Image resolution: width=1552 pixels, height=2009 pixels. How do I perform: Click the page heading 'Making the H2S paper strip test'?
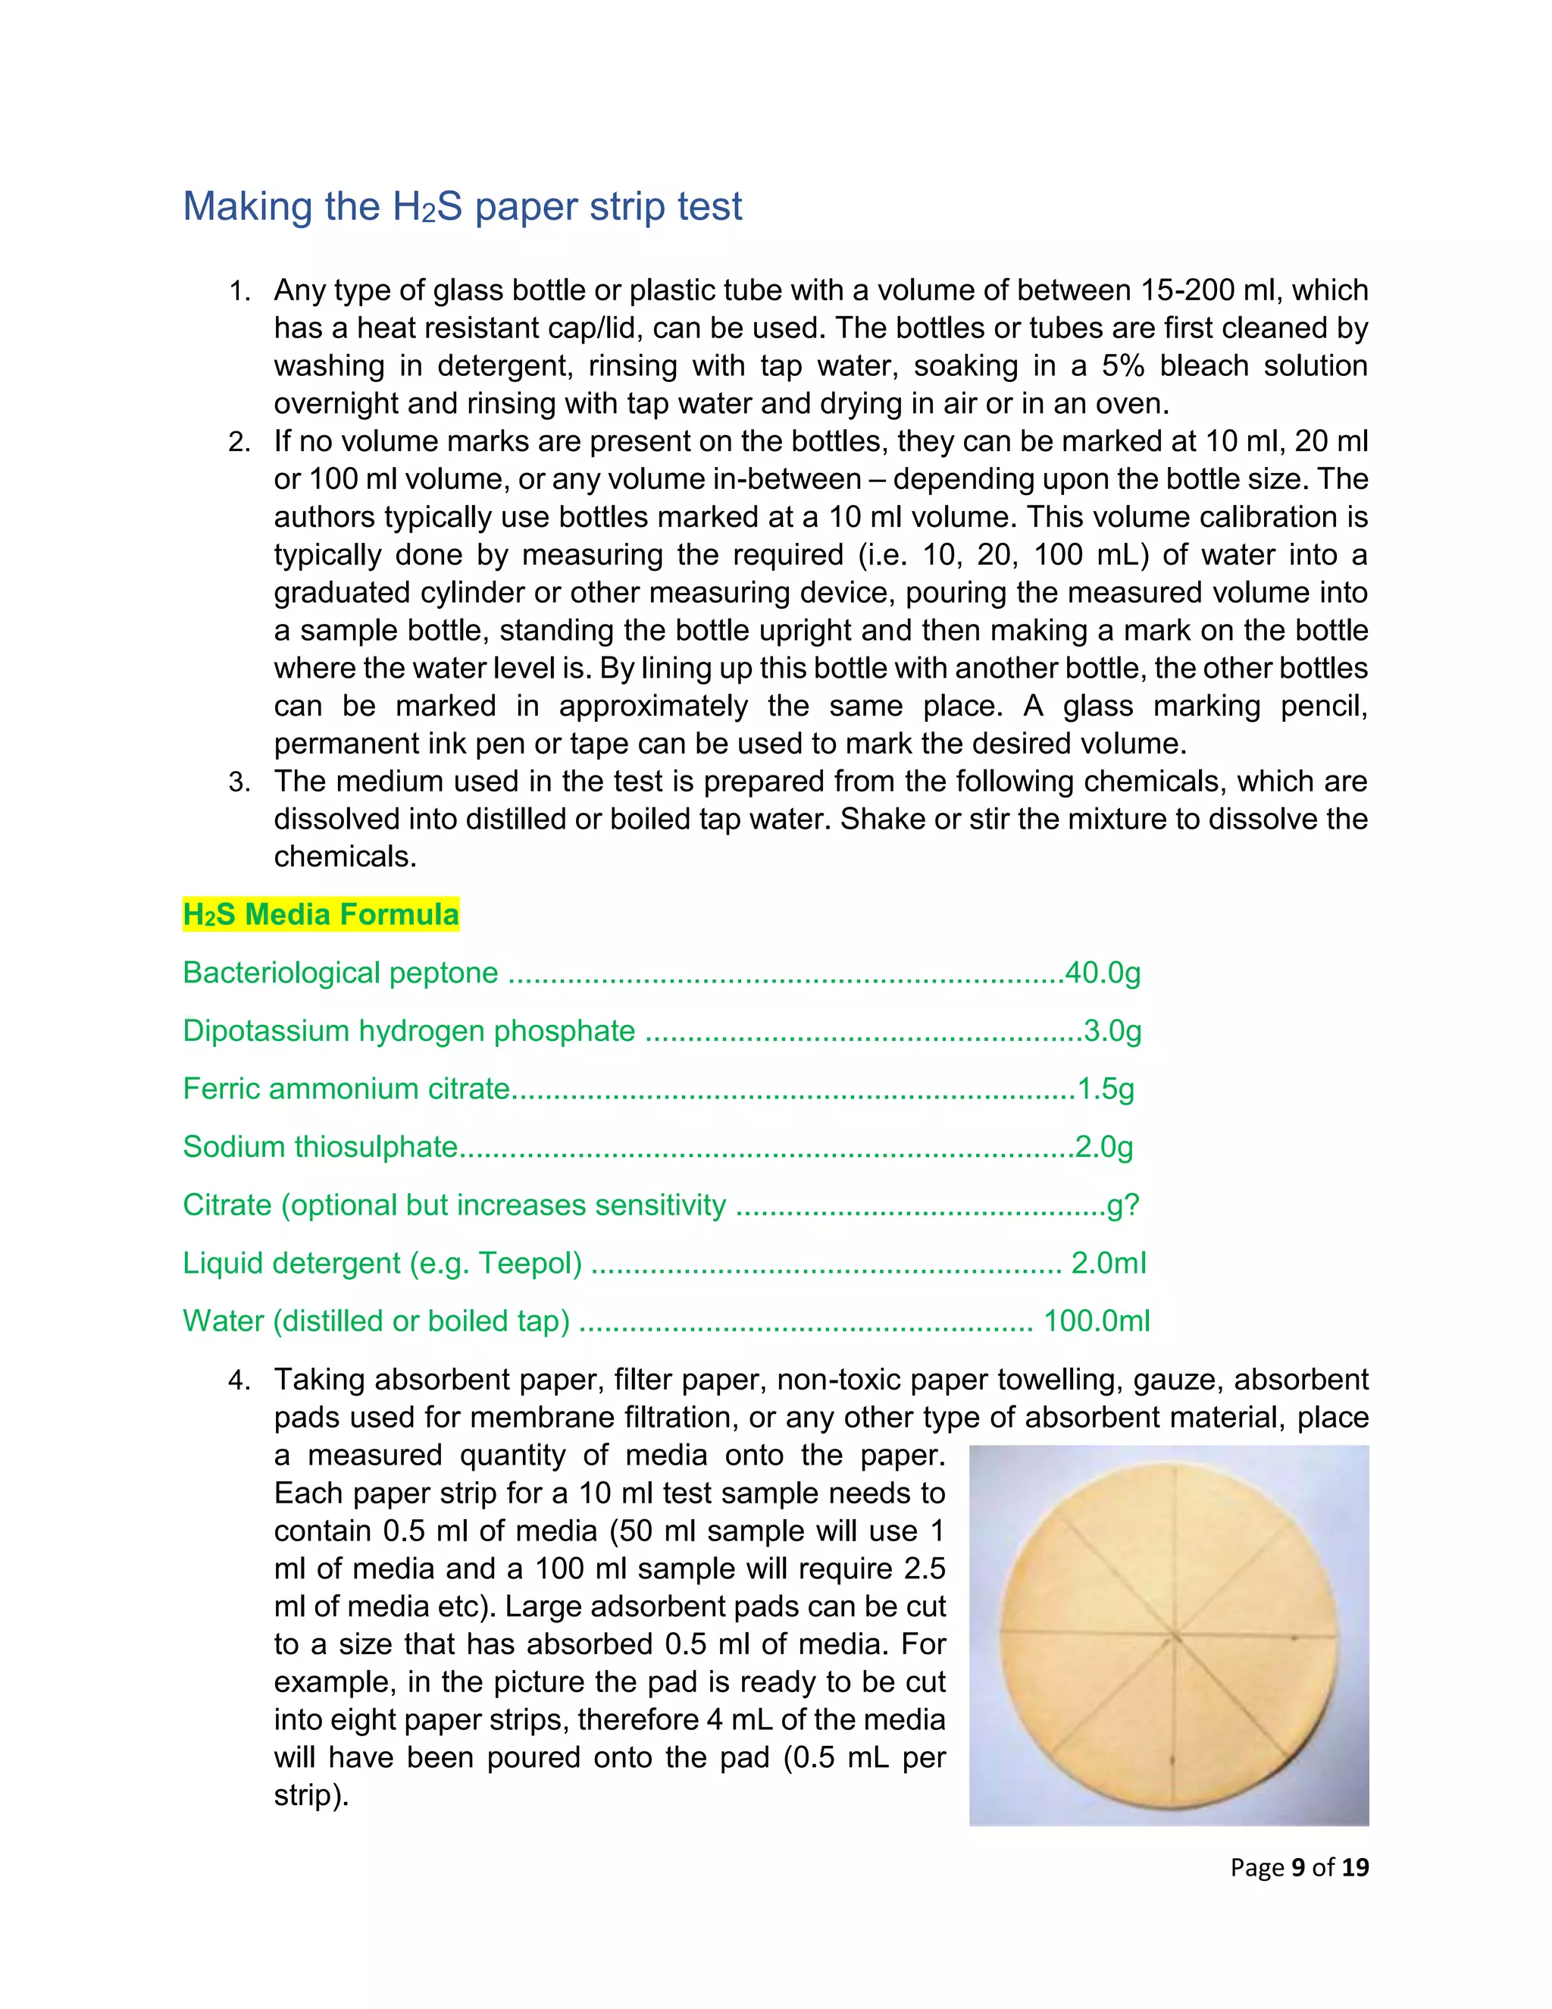[462, 206]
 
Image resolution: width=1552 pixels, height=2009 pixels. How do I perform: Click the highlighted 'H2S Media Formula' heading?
[321, 914]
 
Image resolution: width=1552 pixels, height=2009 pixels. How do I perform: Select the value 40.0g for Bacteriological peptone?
[1103, 973]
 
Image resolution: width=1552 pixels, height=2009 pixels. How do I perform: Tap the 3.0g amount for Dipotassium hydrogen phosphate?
[1112, 1030]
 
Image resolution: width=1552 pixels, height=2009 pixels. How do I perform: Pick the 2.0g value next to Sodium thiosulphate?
[1103, 1146]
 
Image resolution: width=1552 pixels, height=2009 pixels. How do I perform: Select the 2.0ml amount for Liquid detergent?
[1108, 1262]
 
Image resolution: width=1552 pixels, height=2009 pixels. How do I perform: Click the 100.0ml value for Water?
[1096, 1320]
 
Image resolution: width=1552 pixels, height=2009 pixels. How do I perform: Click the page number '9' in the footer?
[1298, 1866]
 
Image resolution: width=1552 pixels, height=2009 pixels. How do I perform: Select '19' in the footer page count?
[1354, 1866]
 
